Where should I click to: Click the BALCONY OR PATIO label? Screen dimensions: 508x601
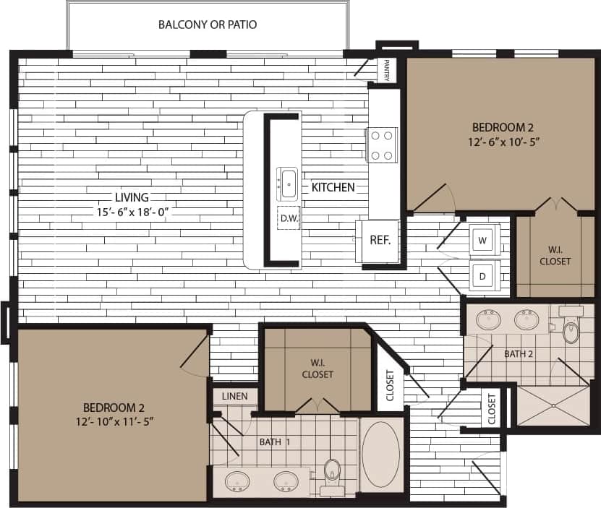pyautogui.click(x=208, y=25)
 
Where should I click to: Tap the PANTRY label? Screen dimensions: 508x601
pyautogui.click(x=388, y=70)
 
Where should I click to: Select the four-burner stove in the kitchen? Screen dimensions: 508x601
pyautogui.click(x=383, y=145)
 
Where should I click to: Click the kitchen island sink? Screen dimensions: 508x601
pyautogui.click(x=288, y=183)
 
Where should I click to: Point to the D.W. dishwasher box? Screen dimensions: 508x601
pyautogui.click(x=289, y=218)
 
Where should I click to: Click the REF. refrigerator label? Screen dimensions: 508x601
pyautogui.click(x=380, y=240)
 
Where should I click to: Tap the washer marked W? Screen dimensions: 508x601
pyautogui.click(x=484, y=239)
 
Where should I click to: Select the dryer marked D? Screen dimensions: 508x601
pyautogui.click(x=484, y=275)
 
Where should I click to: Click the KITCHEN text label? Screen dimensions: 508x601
pyautogui.click(x=333, y=187)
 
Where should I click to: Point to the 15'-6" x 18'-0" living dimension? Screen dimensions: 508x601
pyautogui.click(x=132, y=212)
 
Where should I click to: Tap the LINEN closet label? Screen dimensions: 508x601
pyautogui.click(x=235, y=396)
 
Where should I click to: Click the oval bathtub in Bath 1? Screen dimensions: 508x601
pyautogui.click(x=381, y=454)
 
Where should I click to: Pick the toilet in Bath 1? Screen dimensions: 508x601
pyautogui.click(x=333, y=472)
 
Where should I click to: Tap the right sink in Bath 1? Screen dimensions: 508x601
pyautogui.click(x=286, y=481)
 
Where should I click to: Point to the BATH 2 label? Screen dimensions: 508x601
pyautogui.click(x=519, y=353)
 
